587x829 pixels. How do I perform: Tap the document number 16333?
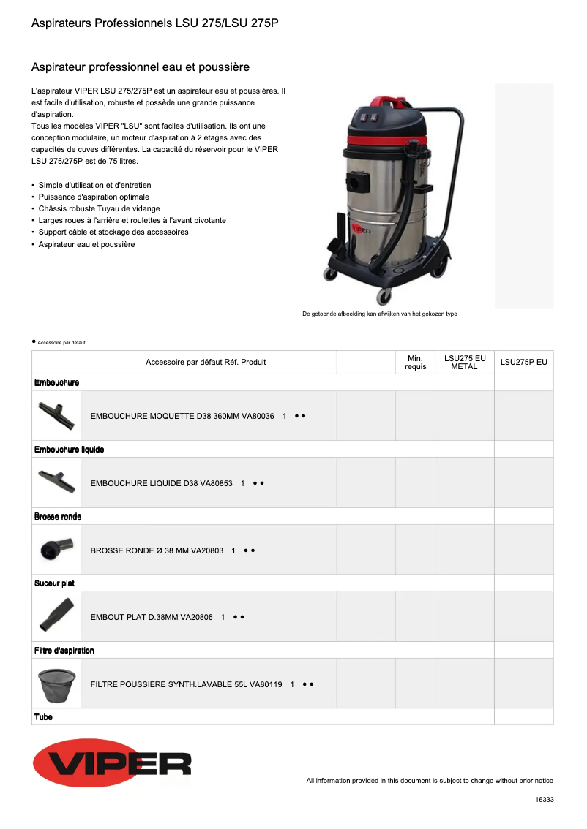[x=544, y=800]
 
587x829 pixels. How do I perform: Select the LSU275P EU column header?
[x=523, y=362]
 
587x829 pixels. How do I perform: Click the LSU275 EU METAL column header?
[x=465, y=362]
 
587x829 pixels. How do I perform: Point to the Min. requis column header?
[x=415, y=362]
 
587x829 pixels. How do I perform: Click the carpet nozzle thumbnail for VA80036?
[x=56, y=415]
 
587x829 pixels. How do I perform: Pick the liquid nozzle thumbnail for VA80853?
[x=56, y=482]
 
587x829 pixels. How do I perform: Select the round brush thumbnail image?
[x=56, y=550]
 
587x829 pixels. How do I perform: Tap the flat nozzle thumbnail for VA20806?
[x=56, y=616]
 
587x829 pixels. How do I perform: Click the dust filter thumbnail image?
[x=56, y=684]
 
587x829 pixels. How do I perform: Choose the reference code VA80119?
[x=266, y=684]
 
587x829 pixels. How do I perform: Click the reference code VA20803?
[x=207, y=550]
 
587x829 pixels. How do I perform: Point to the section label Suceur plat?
[x=54, y=583]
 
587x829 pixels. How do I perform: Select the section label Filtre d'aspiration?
[x=64, y=651]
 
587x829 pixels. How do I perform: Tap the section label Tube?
[x=43, y=717]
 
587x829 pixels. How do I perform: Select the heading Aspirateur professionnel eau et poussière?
[x=141, y=67]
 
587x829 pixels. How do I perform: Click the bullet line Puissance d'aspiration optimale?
[x=94, y=197]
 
